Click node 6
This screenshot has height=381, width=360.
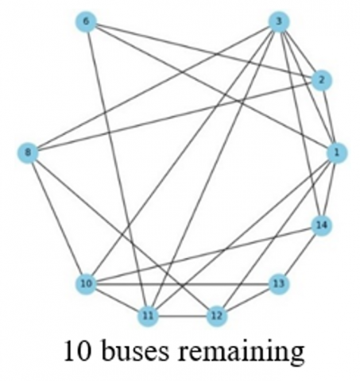pyautogui.click(x=86, y=21)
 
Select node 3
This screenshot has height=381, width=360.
pyautogui.click(x=279, y=21)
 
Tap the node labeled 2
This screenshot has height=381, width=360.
pyautogui.click(x=321, y=80)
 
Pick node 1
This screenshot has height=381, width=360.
pyautogui.click(x=337, y=152)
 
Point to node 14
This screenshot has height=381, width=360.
pyautogui.click(x=321, y=225)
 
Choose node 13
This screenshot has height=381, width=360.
pyautogui.click(x=279, y=284)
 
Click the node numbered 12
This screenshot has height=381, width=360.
pyautogui.click(x=217, y=316)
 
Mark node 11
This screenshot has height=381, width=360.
pyautogui.click(x=148, y=316)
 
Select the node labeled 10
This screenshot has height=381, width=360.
pyautogui.click(x=86, y=284)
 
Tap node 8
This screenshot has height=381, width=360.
pyautogui.click(x=28, y=152)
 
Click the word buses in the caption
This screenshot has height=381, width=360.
pyautogui.click(x=135, y=351)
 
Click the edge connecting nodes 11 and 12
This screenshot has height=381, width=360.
pyautogui.click(x=182, y=316)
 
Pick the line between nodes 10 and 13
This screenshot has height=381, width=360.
pyautogui.click(x=182, y=284)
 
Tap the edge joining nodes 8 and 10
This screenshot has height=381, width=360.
pyautogui.click(x=57, y=218)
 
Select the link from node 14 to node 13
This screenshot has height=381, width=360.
pyautogui.click(x=300, y=255)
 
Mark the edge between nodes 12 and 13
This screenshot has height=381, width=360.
pyautogui.click(x=248, y=300)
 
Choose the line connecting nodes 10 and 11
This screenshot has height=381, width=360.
pyautogui.click(x=117, y=300)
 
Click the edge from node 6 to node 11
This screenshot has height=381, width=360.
pyautogui.click(x=117, y=169)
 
